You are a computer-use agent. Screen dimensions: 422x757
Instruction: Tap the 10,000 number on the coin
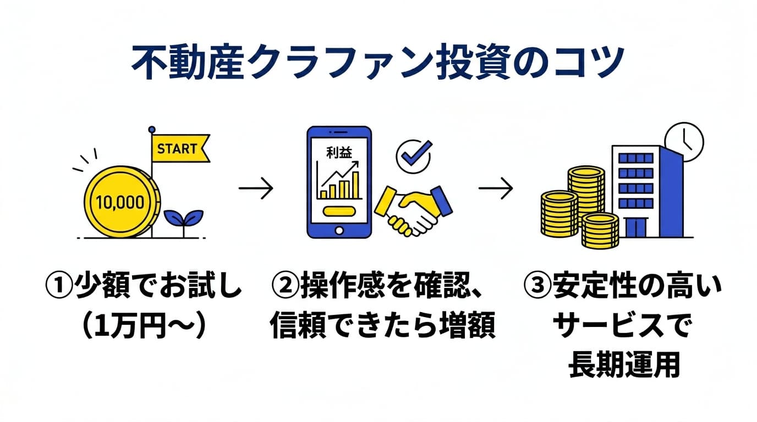click(x=120, y=202)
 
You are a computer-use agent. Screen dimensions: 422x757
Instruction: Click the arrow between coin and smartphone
click(x=256, y=190)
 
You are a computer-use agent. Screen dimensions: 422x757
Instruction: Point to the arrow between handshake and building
click(x=496, y=190)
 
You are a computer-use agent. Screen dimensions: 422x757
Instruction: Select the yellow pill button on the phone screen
click(x=338, y=210)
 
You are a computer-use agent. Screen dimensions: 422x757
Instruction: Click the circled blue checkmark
click(x=413, y=156)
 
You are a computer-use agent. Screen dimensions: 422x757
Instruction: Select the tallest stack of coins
click(x=586, y=190)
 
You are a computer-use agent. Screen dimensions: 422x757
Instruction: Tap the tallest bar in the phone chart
click(x=355, y=184)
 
